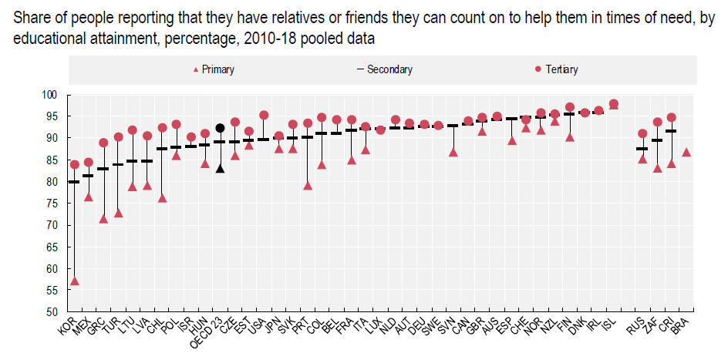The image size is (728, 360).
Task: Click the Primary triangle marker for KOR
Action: point(74,281)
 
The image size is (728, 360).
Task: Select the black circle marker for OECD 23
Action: point(220,128)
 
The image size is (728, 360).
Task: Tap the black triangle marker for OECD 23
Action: point(220,168)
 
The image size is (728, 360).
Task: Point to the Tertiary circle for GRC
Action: point(103,143)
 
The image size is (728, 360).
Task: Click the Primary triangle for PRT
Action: point(308,185)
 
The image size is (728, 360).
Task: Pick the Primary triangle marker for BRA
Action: point(686,152)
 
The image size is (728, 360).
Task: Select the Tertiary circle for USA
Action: point(264,115)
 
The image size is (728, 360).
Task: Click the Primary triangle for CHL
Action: point(162,198)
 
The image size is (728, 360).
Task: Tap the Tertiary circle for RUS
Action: point(642,133)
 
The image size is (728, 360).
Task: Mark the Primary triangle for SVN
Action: point(453,152)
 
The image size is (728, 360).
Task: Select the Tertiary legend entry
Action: point(555,70)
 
